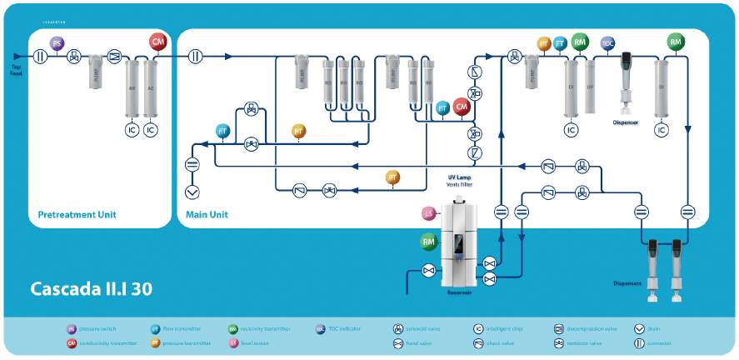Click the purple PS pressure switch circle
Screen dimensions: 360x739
click(x=57, y=43)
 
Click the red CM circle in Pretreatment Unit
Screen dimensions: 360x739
click(x=157, y=42)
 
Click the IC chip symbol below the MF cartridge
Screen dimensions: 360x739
click(x=131, y=130)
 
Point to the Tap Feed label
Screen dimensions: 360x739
click(x=16, y=70)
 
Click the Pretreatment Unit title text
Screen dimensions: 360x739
click(x=77, y=215)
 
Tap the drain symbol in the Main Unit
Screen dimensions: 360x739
click(x=192, y=192)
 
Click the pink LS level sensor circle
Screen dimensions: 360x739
click(x=429, y=214)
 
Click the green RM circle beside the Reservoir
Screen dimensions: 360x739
click(x=429, y=242)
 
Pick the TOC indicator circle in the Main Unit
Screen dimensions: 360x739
click(x=607, y=43)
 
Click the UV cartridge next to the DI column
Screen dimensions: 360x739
click(x=591, y=87)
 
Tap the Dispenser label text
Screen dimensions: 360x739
click(x=626, y=122)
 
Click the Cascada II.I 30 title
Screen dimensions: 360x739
click(x=91, y=289)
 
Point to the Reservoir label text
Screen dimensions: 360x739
click(x=460, y=293)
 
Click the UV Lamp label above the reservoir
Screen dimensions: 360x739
click(x=459, y=177)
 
